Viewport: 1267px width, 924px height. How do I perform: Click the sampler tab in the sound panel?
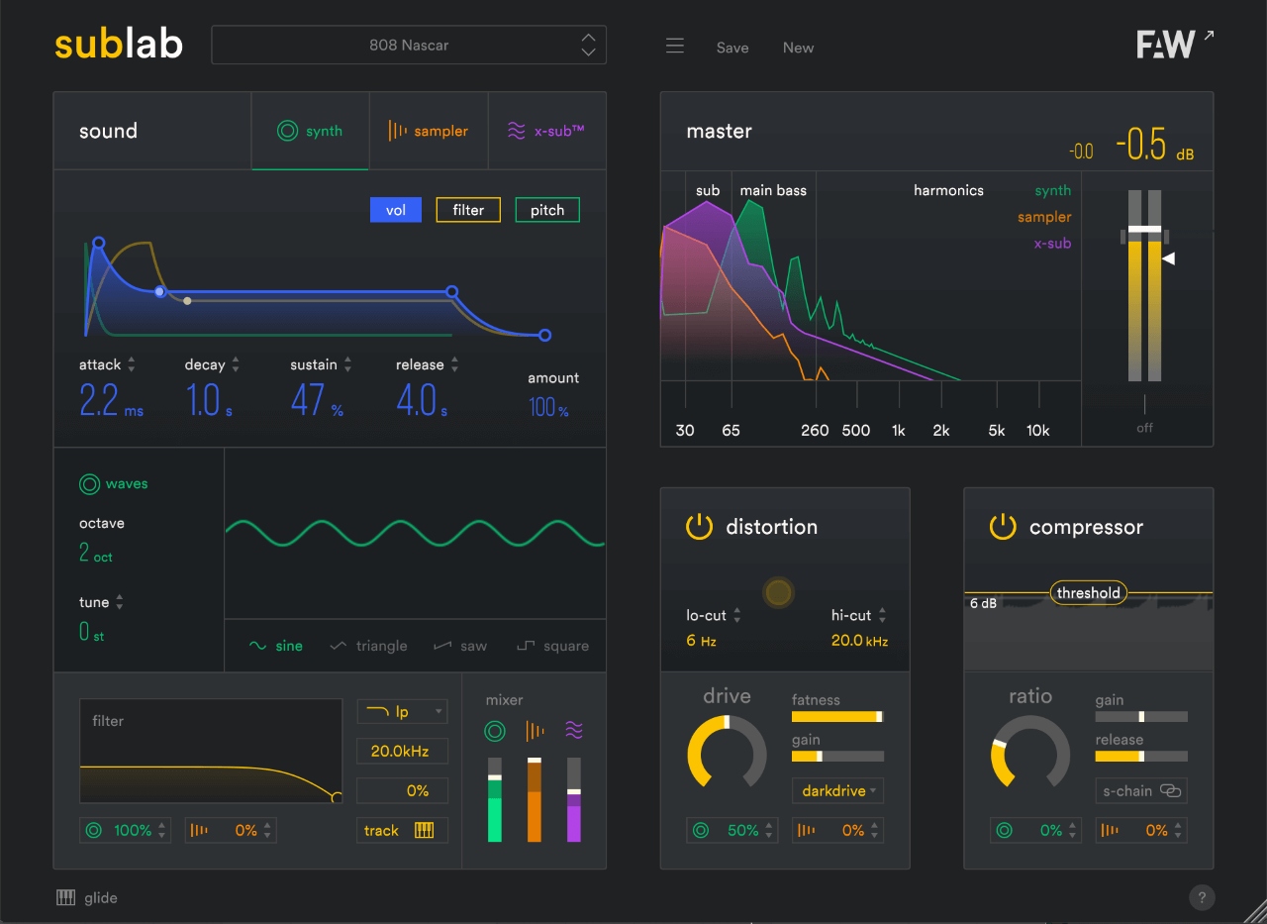429,131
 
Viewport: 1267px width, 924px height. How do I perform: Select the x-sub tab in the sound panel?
546,131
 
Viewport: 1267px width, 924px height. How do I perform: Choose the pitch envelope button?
547,210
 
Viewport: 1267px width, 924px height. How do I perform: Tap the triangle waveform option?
368,646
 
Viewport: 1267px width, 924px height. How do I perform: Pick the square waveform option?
553,646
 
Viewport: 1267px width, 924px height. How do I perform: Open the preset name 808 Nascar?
409,46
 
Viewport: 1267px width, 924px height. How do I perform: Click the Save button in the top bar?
732,48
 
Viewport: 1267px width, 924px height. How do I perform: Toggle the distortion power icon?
699,527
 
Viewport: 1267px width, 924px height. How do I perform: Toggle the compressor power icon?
1003,527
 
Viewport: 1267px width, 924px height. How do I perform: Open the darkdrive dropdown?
837,790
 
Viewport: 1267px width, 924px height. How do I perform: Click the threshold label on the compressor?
1088,593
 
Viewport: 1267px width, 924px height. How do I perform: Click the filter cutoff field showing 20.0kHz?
402,751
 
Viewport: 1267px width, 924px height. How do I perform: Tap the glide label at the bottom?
101,898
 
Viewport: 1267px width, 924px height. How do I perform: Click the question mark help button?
1202,898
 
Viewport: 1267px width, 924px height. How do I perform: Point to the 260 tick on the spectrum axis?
815,430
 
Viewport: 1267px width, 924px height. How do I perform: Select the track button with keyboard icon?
402,830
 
